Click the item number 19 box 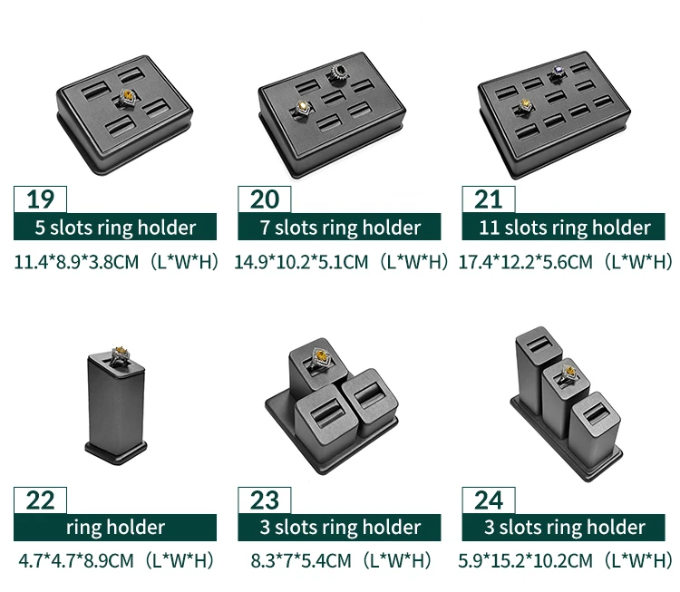(40, 199)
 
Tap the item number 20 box (265, 199)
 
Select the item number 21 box (489, 199)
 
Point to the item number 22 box (40, 500)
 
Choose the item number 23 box (265, 500)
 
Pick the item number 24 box (489, 500)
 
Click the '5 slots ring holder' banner (115, 227)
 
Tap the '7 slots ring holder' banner (339, 227)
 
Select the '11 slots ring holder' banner (563, 227)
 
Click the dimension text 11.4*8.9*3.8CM (76, 262)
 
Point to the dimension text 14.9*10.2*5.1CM (301, 262)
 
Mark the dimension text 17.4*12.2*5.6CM (525, 262)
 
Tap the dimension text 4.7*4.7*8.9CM (76, 560)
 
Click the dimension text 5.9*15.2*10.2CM (525, 560)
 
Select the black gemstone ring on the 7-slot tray (338, 73)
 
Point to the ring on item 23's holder (320, 359)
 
